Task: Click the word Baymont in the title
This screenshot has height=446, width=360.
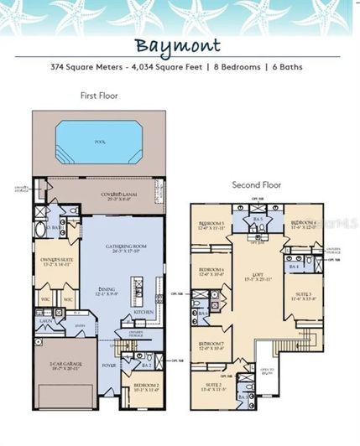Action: [180, 46]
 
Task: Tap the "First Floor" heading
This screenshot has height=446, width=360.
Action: [99, 96]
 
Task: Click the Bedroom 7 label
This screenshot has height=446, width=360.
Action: [211, 345]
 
